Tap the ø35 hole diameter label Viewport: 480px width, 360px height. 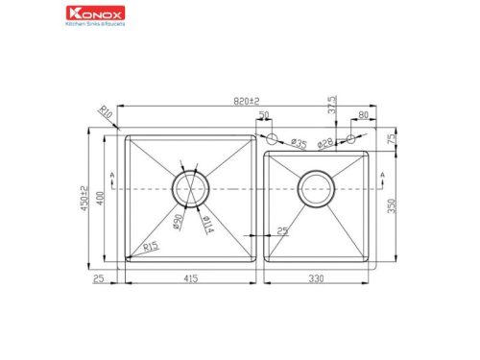[299, 144]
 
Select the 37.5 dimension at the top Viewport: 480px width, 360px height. [332, 103]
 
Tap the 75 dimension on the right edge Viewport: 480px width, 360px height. [392, 139]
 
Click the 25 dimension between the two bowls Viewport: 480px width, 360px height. [281, 230]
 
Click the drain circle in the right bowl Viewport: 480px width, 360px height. [316, 190]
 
